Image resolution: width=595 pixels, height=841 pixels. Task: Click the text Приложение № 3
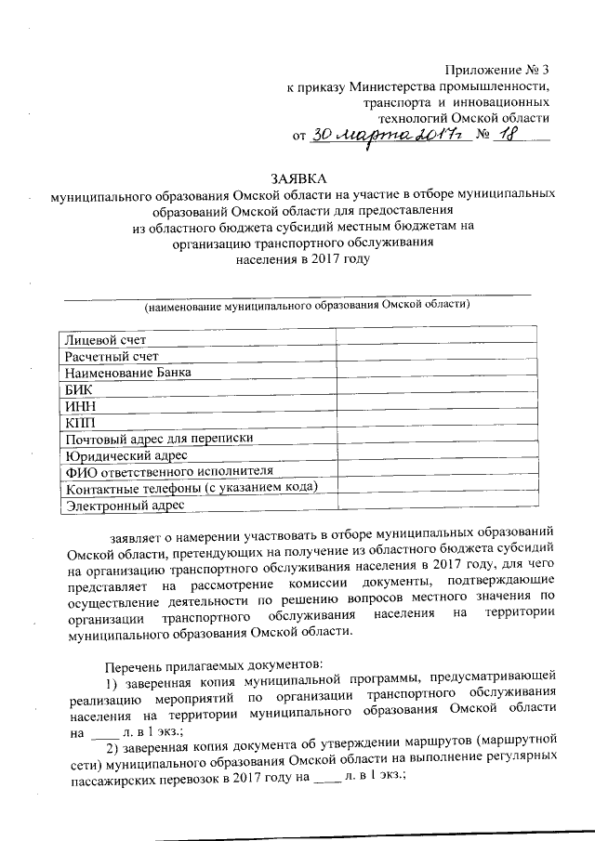pos(497,71)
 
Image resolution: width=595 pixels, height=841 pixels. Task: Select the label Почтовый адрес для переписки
pos(158,438)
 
